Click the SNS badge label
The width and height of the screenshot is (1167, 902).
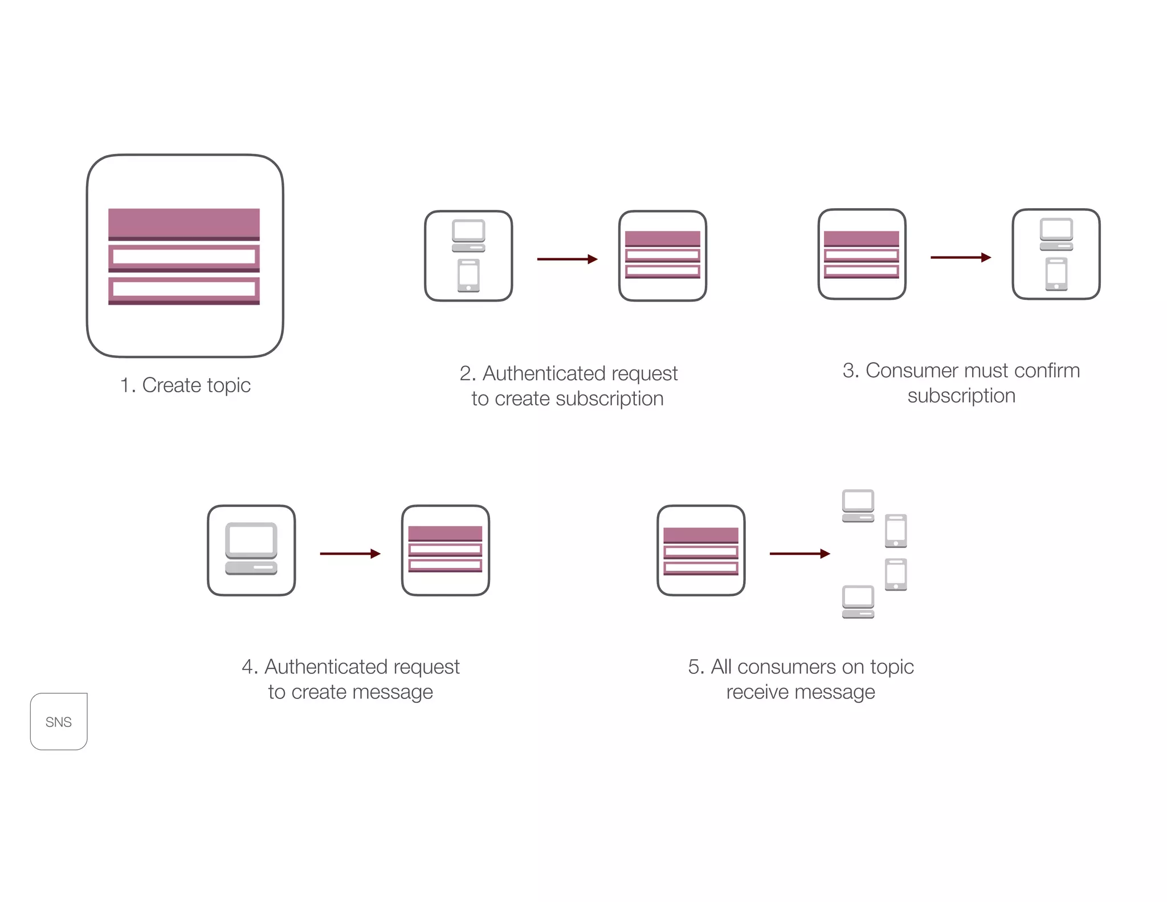59,722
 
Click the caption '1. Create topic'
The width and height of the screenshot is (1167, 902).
185,385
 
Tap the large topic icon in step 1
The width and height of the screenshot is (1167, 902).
184,256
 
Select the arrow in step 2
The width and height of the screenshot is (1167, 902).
567,259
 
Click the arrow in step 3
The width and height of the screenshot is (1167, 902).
960,257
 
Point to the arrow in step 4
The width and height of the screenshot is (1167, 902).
350,553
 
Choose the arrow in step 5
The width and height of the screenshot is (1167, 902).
799,553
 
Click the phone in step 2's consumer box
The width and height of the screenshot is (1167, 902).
468,275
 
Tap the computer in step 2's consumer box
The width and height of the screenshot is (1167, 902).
468,235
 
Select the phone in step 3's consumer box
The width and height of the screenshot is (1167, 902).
1056,274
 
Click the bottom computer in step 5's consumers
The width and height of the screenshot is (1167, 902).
858,602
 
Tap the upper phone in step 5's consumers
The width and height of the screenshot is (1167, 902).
896,531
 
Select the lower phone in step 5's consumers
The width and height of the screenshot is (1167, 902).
896,574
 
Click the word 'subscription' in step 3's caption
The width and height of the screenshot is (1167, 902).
961,396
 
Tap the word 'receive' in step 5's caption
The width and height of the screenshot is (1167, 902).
757,692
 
